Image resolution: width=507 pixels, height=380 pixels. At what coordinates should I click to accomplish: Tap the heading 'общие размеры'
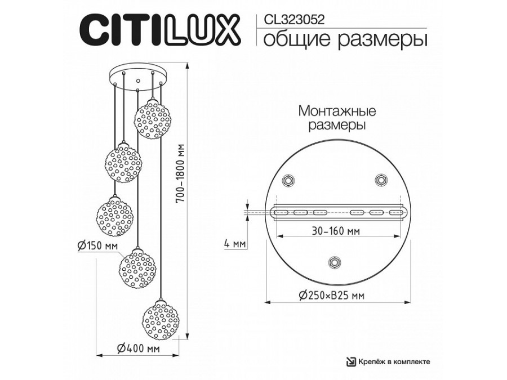click(x=341, y=40)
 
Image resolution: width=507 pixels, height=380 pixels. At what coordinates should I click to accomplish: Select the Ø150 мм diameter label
click(x=96, y=245)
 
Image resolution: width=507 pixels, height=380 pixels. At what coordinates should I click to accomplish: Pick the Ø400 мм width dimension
click(x=137, y=349)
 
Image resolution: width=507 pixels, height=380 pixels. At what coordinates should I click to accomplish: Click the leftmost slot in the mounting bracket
click(x=280, y=212)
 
